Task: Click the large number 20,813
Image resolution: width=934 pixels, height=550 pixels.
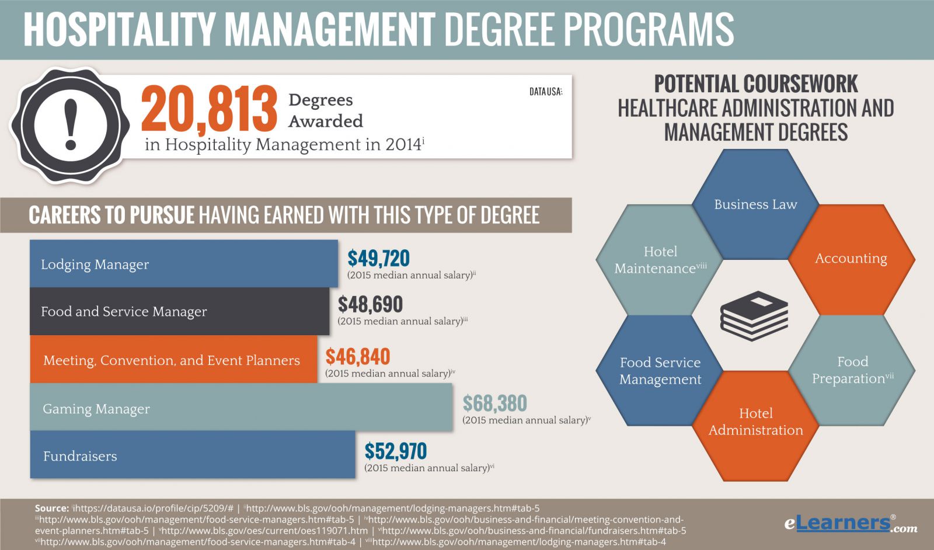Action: (x=209, y=109)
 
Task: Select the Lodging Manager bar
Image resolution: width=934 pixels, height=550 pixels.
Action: (x=183, y=264)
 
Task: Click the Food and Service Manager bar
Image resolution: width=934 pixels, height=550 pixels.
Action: (x=179, y=311)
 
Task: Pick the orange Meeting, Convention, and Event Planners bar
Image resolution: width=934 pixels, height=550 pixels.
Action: (x=173, y=360)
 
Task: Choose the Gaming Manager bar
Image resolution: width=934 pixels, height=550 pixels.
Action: (x=241, y=408)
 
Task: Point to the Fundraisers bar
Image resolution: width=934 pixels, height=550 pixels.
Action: (x=192, y=455)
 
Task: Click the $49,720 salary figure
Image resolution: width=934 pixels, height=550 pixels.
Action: (x=378, y=258)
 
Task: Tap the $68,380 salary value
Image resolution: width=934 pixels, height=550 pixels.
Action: (x=494, y=403)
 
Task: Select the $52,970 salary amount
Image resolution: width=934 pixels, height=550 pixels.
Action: (x=395, y=451)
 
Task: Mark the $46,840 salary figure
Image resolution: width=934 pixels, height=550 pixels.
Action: (x=357, y=357)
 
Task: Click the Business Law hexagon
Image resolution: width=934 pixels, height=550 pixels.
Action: (x=755, y=204)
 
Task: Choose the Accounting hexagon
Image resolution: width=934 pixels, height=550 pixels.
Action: (x=851, y=259)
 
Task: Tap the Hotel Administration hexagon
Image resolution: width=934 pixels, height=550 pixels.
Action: (x=755, y=422)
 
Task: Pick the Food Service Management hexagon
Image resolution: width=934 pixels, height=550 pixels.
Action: (x=660, y=371)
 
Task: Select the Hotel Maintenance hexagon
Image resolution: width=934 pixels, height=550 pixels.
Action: (x=660, y=260)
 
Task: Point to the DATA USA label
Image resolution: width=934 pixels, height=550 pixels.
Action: (x=546, y=92)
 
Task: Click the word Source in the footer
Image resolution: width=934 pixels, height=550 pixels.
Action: (x=52, y=509)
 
